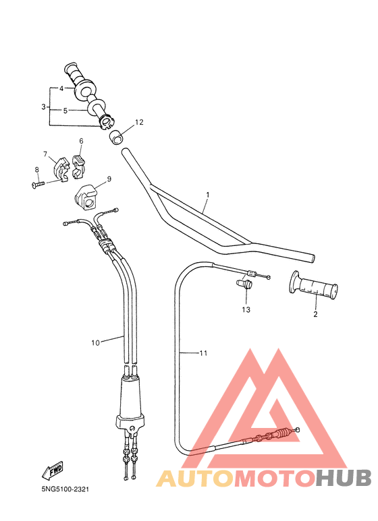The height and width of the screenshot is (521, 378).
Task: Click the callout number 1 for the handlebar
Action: click(x=208, y=195)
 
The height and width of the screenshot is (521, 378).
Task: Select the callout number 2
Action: click(x=315, y=313)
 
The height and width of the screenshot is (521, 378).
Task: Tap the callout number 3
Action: click(x=44, y=107)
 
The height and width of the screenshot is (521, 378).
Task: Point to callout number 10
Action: click(x=95, y=342)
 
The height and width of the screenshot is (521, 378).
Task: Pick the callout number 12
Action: click(x=140, y=123)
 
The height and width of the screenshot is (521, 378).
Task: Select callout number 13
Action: click(x=246, y=309)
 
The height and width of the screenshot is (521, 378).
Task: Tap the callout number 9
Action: click(x=109, y=179)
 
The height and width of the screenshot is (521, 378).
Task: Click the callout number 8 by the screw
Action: click(x=37, y=170)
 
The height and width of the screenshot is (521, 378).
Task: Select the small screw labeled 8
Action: click(x=38, y=183)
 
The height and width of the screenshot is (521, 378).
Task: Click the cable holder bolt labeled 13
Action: click(x=244, y=285)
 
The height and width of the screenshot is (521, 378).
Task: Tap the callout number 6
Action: click(x=81, y=142)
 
